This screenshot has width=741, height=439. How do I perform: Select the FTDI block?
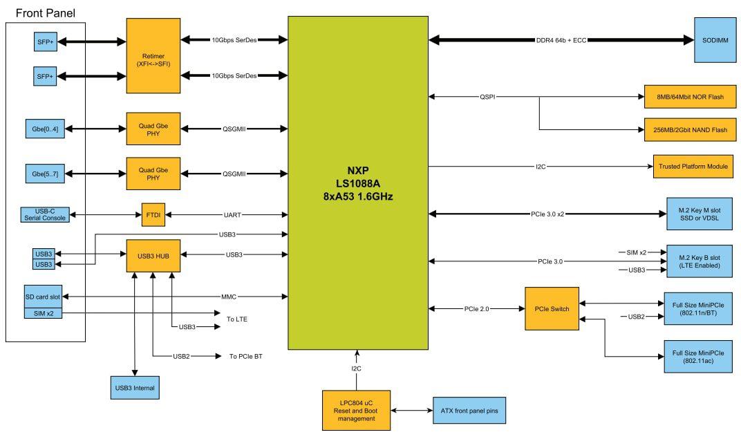(151, 216)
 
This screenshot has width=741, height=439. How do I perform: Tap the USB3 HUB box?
(151, 255)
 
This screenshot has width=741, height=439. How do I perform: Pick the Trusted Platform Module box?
(693, 166)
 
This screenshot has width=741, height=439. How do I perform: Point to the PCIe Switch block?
(552, 308)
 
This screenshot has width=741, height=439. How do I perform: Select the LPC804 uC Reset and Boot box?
(356, 410)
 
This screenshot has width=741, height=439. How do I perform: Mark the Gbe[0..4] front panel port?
(45, 129)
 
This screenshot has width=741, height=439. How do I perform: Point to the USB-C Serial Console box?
(45, 215)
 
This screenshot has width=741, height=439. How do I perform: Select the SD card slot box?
(43, 297)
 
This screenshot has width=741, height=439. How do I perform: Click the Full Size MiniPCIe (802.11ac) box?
(697, 357)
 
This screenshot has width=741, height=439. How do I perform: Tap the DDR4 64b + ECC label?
(561, 40)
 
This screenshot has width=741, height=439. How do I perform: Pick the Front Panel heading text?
(45, 13)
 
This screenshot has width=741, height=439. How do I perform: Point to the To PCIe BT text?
(245, 357)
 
